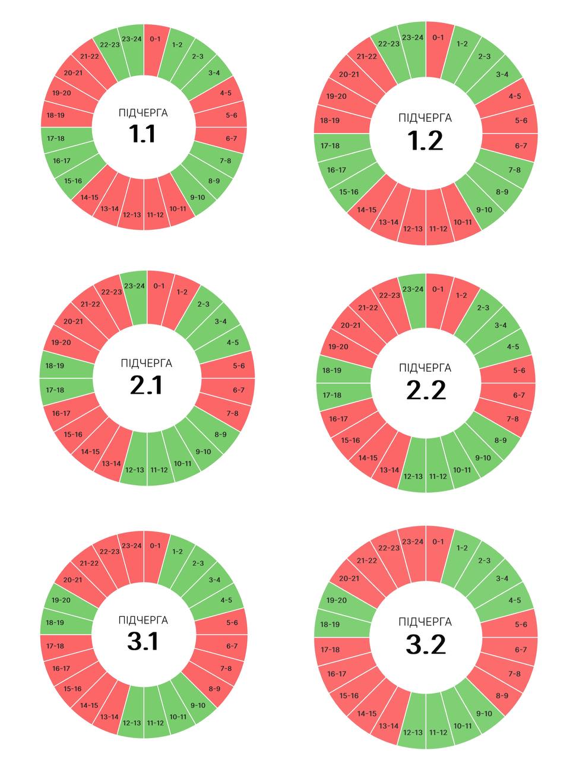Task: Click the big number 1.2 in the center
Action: click(x=426, y=141)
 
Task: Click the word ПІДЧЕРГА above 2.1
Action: click(x=146, y=363)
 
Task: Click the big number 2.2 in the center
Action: click(x=426, y=391)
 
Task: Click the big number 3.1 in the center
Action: click(x=143, y=641)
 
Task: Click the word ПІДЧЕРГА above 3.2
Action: click(x=425, y=622)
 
